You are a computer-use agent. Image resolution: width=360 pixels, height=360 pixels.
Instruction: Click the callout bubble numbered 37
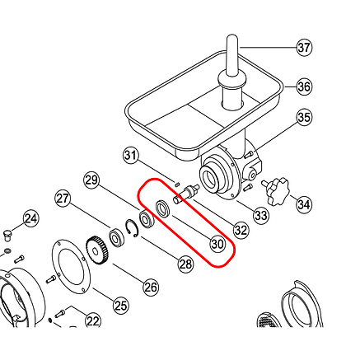click(x=304, y=48)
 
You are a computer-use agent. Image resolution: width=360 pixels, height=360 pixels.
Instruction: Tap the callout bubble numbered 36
click(x=304, y=86)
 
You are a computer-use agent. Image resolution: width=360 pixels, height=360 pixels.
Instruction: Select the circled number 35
click(x=304, y=117)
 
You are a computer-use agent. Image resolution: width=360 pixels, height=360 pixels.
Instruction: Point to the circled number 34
click(x=304, y=204)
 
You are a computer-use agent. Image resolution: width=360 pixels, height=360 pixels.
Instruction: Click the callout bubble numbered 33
click(x=261, y=215)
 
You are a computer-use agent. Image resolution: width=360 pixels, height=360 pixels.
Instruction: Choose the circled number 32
click(x=241, y=230)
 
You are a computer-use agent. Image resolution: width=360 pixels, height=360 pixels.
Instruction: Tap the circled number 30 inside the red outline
click(x=217, y=244)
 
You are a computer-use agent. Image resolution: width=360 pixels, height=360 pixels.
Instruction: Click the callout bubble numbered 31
click(x=130, y=156)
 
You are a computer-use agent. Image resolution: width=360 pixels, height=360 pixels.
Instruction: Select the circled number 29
click(x=91, y=180)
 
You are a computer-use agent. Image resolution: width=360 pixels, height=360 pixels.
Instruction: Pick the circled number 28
click(x=185, y=264)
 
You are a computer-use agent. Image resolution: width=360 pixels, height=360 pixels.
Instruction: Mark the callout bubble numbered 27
click(x=63, y=199)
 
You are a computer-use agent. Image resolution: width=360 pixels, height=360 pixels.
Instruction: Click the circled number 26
click(x=151, y=288)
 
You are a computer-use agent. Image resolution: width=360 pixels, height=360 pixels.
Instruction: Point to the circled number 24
click(x=31, y=218)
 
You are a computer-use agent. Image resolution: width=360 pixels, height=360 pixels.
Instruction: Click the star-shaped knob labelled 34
click(x=277, y=189)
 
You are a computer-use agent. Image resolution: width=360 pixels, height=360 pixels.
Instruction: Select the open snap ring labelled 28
click(x=132, y=228)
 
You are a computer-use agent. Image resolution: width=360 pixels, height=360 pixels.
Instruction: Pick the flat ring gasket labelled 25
click(x=71, y=267)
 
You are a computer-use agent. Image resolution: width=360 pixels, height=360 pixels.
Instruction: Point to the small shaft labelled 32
click(x=185, y=194)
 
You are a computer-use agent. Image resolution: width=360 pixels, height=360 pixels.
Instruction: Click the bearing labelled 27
click(x=117, y=238)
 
